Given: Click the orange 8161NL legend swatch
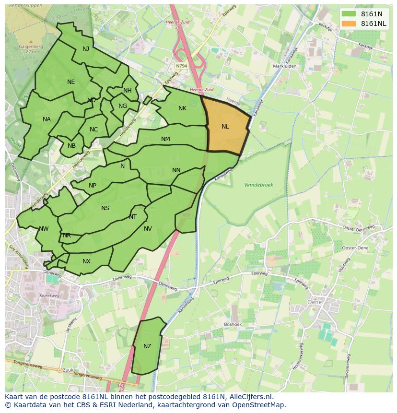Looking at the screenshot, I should [x=349, y=24].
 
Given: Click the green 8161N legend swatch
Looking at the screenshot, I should [x=349, y=14].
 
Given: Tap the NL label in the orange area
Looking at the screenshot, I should [x=225, y=127].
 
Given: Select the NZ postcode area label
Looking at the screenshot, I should [x=147, y=346].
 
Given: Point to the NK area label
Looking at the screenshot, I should [x=182, y=108].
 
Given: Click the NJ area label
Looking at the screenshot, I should [x=86, y=49].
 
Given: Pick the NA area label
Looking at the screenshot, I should [x=47, y=119].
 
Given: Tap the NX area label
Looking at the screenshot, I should [x=86, y=261].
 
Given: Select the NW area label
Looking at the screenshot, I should [x=44, y=229].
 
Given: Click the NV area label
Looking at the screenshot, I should [x=148, y=229].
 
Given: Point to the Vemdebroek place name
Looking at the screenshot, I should [x=258, y=185].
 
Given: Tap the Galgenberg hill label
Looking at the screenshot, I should [x=31, y=47].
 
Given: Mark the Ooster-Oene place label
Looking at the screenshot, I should [x=355, y=248].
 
